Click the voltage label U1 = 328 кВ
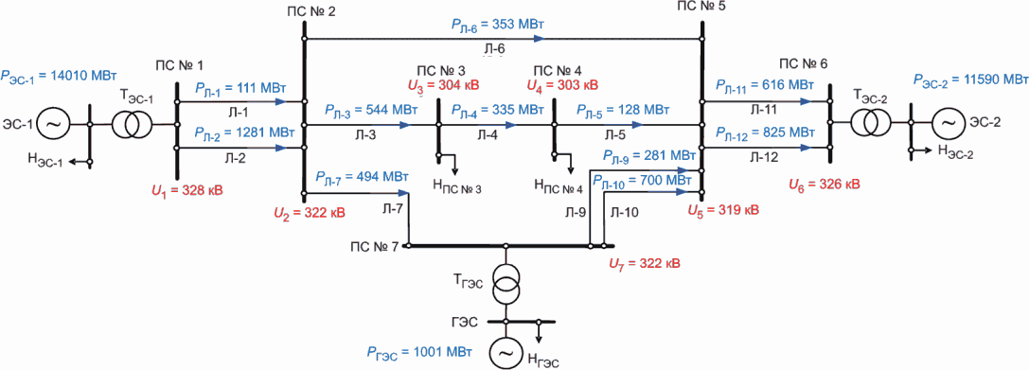187,191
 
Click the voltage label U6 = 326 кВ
824,185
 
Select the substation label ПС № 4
557,70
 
